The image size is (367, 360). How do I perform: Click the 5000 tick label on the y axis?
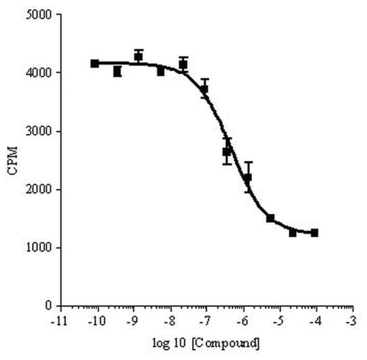click(x=42, y=15)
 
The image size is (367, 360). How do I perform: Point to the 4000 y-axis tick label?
click(x=42, y=73)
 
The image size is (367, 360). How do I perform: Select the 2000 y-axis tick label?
click(x=42, y=190)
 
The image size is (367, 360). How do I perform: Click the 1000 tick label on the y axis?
click(x=42, y=248)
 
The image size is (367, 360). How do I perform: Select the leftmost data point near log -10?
click(x=95, y=63)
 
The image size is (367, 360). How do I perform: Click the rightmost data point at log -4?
click(x=314, y=232)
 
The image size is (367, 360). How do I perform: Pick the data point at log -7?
click(x=204, y=89)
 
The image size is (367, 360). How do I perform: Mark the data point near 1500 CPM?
click(x=270, y=218)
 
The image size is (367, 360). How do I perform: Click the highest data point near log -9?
click(x=138, y=56)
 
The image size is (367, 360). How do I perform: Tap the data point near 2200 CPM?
click(x=248, y=178)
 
